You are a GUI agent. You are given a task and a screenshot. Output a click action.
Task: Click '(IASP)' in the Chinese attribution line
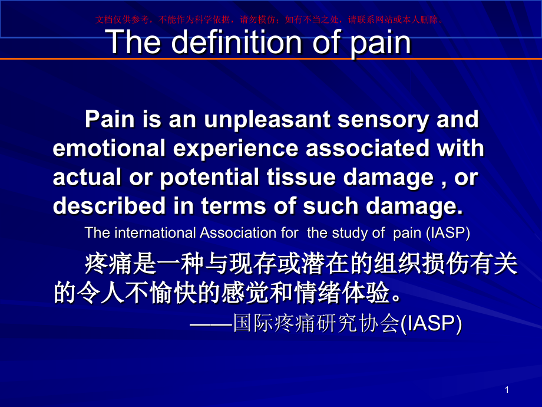[431, 324]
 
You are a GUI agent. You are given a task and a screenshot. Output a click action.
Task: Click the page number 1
[507, 390]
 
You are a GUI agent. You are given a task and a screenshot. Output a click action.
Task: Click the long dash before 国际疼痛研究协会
[211, 324]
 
